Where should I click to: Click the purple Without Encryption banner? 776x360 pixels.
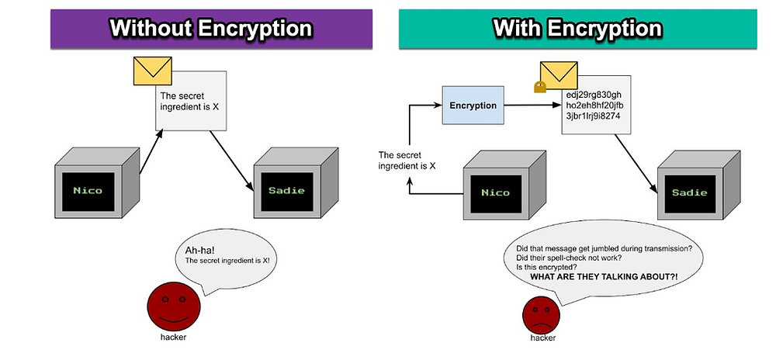(210, 29)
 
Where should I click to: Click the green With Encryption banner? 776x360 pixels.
(577, 29)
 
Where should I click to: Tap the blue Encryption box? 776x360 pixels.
(473, 106)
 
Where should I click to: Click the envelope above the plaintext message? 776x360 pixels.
(151, 72)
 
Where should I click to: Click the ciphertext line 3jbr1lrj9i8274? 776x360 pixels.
(593, 116)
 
